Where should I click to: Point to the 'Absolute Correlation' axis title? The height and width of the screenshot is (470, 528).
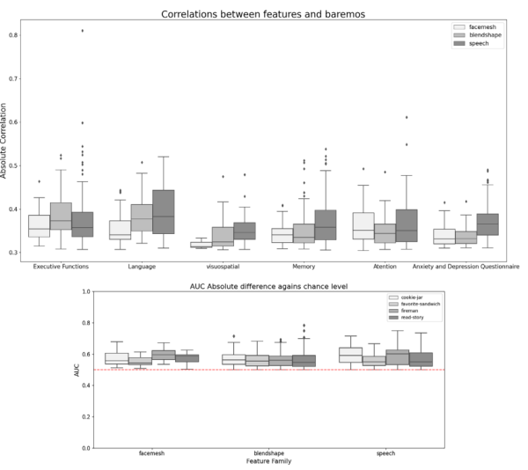pos(5,146)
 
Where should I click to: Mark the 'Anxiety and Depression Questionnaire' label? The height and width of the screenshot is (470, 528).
pos(466,265)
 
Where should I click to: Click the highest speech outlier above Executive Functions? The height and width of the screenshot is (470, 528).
pos(83,31)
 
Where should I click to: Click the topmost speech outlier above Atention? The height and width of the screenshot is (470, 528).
pos(406,117)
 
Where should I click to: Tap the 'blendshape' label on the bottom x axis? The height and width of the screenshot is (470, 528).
pos(270,454)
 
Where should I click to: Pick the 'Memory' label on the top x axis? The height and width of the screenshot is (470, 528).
pos(305,265)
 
